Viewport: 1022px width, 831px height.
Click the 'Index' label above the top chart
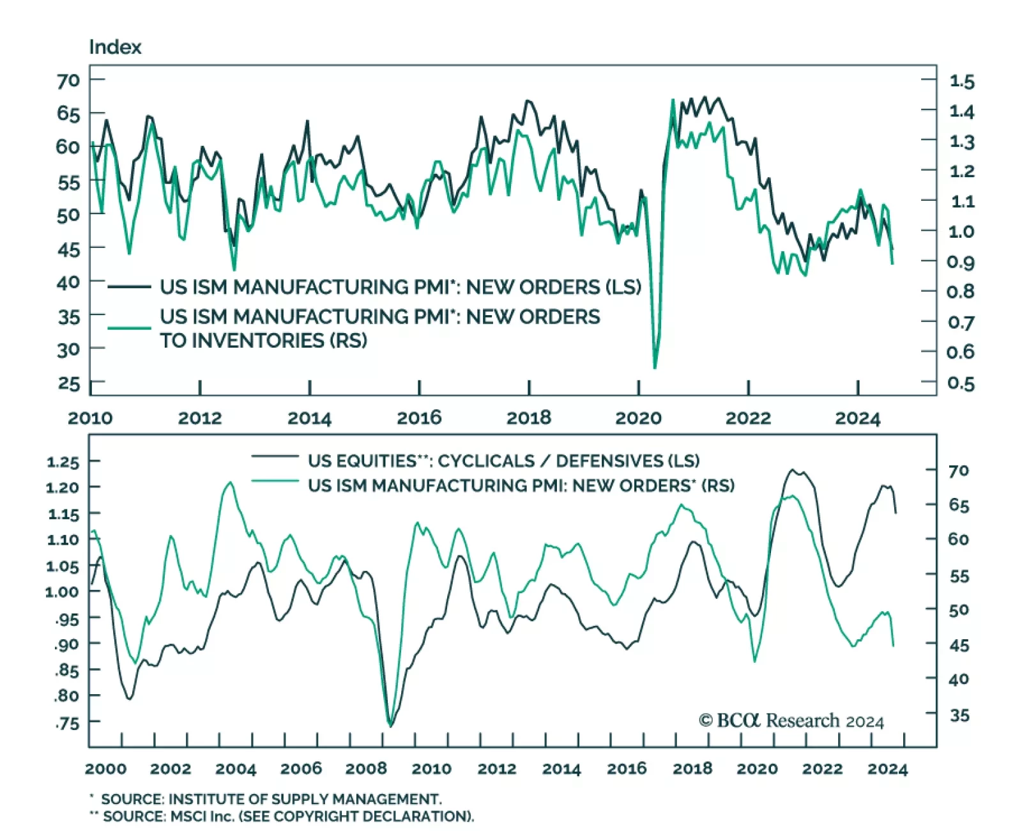[x=115, y=47]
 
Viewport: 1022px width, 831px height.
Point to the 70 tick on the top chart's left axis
[x=68, y=81]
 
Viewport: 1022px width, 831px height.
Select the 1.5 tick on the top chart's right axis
[x=961, y=81]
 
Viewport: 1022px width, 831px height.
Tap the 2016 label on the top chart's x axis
[x=419, y=418]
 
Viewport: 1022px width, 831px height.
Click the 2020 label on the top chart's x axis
[x=638, y=418]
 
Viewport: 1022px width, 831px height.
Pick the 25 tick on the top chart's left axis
[x=68, y=384]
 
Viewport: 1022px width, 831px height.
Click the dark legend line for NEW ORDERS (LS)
[x=129, y=287]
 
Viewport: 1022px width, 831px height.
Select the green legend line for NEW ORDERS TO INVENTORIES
[x=129, y=328]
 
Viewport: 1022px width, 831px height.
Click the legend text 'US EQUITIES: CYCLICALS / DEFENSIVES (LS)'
[x=503, y=461]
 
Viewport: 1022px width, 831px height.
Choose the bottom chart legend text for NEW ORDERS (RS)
[x=521, y=486]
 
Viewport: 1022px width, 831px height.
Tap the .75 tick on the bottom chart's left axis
[x=67, y=723]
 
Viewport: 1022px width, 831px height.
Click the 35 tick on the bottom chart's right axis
[x=959, y=715]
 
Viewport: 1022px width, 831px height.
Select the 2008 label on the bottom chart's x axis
[x=366, y=768]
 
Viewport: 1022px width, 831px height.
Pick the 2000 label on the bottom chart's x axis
[x=105, y=768]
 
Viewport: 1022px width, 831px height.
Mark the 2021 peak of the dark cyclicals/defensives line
[x=793, y=470]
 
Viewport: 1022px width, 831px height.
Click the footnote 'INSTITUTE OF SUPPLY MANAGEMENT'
[x=303, y=799]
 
